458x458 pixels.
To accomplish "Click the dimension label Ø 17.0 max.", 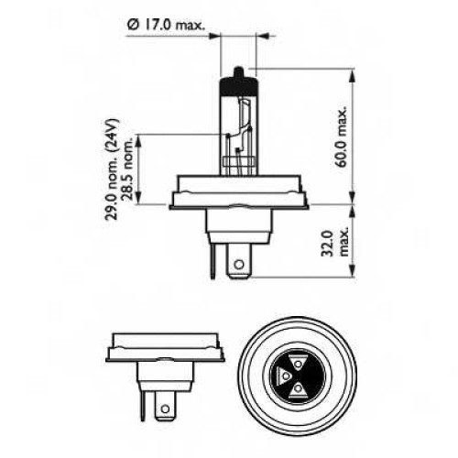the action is (166, 25).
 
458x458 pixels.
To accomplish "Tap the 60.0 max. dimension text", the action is (342, 136).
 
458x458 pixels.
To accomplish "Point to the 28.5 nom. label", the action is (128, 169).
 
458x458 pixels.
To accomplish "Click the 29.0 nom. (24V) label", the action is (112, 169).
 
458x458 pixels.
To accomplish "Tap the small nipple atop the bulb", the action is (238, 72).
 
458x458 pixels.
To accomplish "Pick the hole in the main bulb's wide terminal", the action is (239, 264).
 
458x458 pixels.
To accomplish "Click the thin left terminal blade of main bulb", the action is (213, 259).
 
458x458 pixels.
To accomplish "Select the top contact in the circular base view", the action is (298, 364).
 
